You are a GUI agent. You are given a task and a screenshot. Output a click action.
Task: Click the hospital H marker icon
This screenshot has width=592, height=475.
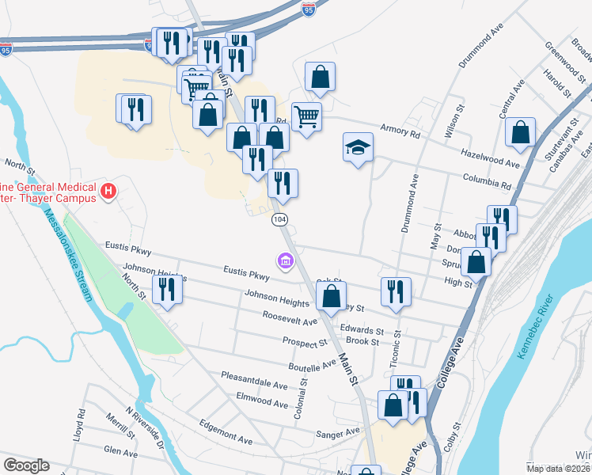pos(109,192)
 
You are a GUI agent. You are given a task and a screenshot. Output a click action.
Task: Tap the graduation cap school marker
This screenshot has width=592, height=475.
pos(358,147)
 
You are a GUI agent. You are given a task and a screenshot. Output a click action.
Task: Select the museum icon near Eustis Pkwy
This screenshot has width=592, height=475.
pos(284,260)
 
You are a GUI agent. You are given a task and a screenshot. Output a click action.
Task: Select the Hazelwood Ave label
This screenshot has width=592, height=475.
pos(491,162)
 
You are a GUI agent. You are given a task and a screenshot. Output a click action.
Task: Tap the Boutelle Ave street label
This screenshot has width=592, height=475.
pos(313,367)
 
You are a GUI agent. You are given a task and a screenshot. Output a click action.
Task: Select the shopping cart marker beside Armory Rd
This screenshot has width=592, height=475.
pos(306,117)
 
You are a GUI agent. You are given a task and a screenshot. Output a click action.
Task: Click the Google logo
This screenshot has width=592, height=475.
pos(26,465)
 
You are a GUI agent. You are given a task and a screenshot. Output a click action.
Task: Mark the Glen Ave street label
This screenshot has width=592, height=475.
pos(121,450)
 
